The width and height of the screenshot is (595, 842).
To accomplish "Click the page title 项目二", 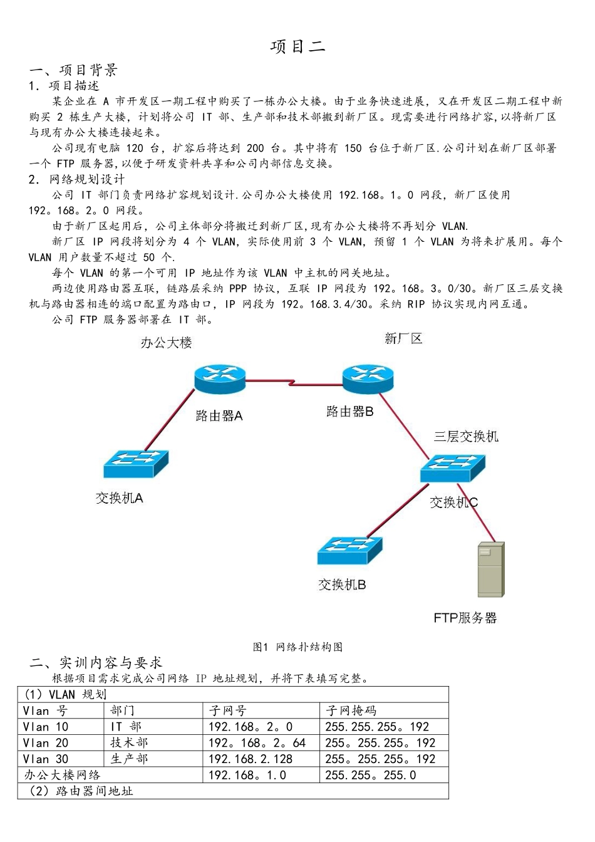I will coord(297,46).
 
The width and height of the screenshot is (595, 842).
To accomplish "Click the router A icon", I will coord(220,378).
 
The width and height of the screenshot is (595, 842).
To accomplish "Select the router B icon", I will coord(368,378).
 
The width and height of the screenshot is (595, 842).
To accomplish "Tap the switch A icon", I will coord(136,464).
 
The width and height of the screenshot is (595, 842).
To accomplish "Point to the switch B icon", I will coord(349,551).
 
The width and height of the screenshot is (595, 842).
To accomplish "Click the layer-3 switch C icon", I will coord(453,468).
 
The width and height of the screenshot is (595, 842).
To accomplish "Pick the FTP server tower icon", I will coord(490,569).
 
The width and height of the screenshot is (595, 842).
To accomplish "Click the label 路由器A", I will coord(219,415).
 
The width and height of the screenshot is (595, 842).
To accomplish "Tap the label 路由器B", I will coord(350,412).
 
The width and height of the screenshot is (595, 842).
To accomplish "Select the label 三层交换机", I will coord(466,437).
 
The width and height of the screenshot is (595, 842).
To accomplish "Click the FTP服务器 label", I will coord(465,618).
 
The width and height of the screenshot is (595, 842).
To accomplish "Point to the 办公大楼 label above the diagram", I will coord(167,343).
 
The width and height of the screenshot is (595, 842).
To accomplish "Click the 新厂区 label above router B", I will coord(403,339).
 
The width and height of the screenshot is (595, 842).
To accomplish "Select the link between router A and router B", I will coord(294,382).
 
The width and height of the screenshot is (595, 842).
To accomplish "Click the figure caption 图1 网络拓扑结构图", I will coord(297,647).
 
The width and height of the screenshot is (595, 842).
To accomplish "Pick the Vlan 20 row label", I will coord(46,743).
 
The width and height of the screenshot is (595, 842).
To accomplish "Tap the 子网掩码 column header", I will coord(351,710).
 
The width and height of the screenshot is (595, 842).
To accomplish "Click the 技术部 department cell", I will coord(129,743).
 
